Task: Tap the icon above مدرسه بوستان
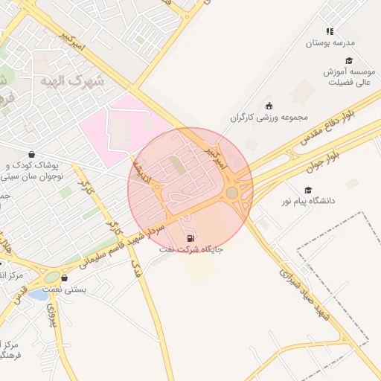(329, 31)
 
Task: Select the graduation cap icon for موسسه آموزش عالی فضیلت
(349, 61)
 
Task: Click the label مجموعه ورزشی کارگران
(269, 118)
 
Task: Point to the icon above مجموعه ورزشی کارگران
(269, 106)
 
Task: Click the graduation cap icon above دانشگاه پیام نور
(308, 190)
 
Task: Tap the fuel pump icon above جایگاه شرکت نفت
(191, 238)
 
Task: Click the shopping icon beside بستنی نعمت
(74, 278)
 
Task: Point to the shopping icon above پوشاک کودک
(31, 154)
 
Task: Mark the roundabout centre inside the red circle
(232, 193)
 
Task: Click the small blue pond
(37, 295)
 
